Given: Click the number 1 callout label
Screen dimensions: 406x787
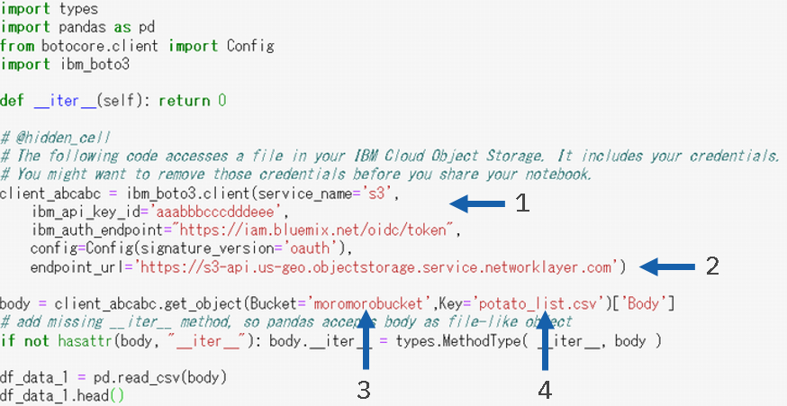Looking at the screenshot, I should (521, 203).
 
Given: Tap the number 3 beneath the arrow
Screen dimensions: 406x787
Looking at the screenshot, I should (364, 392).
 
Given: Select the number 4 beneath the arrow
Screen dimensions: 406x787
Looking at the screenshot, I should (545, 392).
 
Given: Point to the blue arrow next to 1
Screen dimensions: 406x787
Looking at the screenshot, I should (476, 203).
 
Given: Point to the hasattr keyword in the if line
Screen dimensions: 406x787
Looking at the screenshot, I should (82, 340).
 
